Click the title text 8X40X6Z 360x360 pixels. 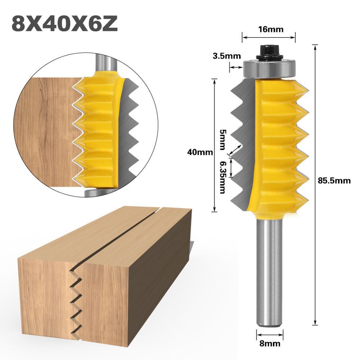tap(65, 24)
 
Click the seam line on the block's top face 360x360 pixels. tap(133, 230)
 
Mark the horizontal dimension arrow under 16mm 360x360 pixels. tap(268, 36)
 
